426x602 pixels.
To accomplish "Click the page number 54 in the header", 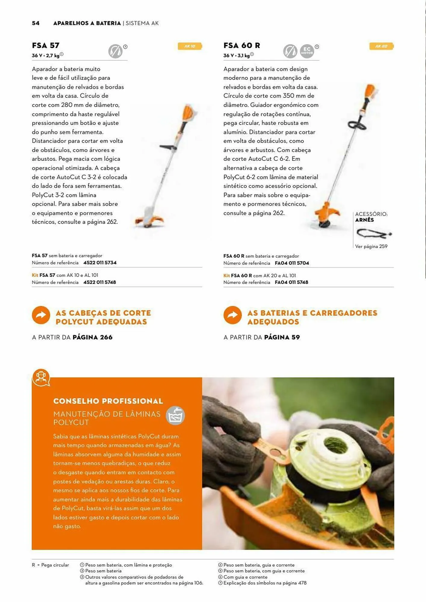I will (x=36, y=23).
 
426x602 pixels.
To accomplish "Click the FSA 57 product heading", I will (x=46, y=45).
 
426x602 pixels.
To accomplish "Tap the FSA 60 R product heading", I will (x=241, y=45).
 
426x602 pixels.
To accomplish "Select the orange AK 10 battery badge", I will (x=190, y=46).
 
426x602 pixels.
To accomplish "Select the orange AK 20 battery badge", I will (x=381, y=46).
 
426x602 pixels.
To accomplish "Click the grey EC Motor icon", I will (x=307, y=51).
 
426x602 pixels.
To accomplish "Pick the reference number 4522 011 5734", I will (x=100, y=262).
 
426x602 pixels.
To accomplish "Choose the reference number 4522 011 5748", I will (x=99, y=282).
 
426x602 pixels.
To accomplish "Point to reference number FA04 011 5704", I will (x=292, y=263).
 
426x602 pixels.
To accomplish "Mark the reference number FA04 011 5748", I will (x=291, y=282).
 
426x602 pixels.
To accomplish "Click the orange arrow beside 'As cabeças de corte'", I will (x=41, y=315).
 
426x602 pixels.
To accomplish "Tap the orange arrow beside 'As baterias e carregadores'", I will (x=232, y=315).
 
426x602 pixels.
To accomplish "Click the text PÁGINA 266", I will (x=92, y=337).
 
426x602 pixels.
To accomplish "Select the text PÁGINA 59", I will (x=282, y=337).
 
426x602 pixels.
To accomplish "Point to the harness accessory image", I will (x=374, y=233).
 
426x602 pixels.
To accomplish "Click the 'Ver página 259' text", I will (x=371, y=247).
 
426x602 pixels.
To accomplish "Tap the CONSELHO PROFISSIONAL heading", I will (x=108, y=401).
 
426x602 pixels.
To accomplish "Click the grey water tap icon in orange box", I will (x=176, y=416).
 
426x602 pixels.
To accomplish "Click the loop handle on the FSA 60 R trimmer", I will (x=357, y=125).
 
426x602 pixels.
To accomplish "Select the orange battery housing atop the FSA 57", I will (x=188, y=113).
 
